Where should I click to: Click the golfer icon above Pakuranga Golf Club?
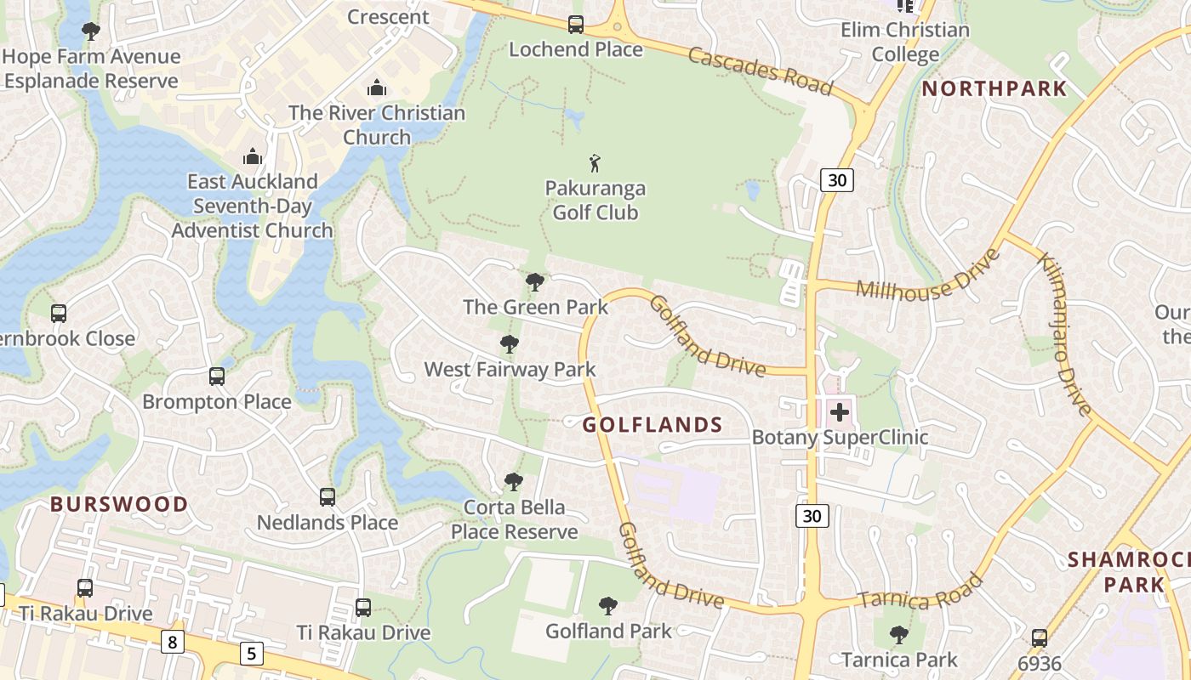coord(595,162)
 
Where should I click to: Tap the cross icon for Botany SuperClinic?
coord(840,413)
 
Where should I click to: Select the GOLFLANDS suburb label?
coord(652,425)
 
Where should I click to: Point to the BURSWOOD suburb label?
coord(119,504)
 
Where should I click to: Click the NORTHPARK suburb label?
coord(994,88)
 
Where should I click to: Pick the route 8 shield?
coord(173,641)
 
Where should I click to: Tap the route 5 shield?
coord(251,653)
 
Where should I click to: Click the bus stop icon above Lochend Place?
coord(576,25)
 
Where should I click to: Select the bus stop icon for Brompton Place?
coord(217,377)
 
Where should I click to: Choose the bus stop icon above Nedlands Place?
coord(328,497)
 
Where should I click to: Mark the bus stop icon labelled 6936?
coord(1039,638)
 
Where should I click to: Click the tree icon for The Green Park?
coord(535,282)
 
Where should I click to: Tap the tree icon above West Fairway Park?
coord(510,344)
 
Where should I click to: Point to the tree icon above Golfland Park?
coord(608,606)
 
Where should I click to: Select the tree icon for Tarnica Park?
coord(898,635)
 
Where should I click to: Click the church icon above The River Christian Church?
coord(377,88)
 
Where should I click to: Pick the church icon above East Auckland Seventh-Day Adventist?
coord(252,156)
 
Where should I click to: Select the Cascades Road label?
coord(760,71)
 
